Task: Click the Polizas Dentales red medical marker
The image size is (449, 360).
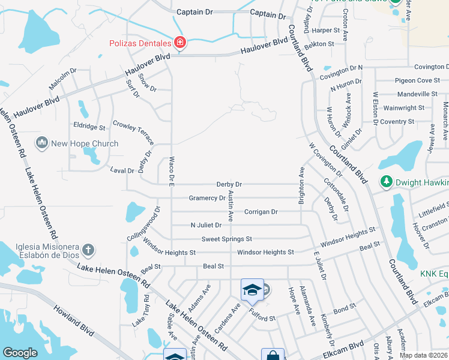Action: coord(179,42)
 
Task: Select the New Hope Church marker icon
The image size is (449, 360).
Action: coord(41,142)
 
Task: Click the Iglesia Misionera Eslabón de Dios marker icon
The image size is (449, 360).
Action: coord(88,249)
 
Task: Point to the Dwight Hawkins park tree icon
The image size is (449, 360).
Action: coord(387,181)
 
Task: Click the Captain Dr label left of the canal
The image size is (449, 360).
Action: coord(195,12)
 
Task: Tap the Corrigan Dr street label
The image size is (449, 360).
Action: coord(261,212)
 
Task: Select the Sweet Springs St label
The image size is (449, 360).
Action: coord(226,239)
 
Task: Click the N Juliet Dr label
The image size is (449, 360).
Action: coord(206,225)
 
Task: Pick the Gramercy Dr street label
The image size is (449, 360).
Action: coord(206,198)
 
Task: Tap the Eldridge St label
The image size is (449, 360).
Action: coord(89,127)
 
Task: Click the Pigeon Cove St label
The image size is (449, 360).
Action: coord(417,80)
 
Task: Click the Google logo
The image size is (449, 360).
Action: coord(20,353)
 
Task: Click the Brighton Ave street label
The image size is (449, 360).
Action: coord(302,186)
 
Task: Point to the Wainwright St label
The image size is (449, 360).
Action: coord(404,108)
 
